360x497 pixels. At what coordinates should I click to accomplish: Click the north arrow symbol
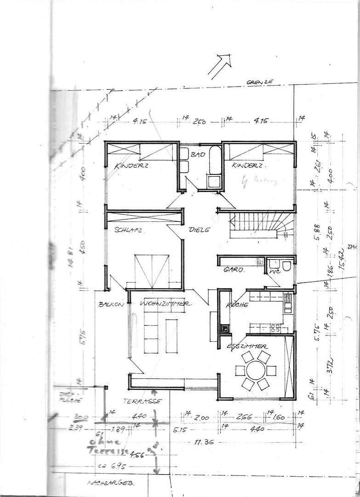[x=219, y=65]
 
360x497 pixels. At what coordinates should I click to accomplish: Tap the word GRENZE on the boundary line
[x=260, y=82]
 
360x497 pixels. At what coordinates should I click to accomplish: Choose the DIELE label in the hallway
[x=199, y=230]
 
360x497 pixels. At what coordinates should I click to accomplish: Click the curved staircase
[x=262, y=225]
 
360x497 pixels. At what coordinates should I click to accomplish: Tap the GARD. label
[x=230, y=270]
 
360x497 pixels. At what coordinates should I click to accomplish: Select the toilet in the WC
[x=286, y=266]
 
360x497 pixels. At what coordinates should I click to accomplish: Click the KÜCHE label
[x=237, y=305]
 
